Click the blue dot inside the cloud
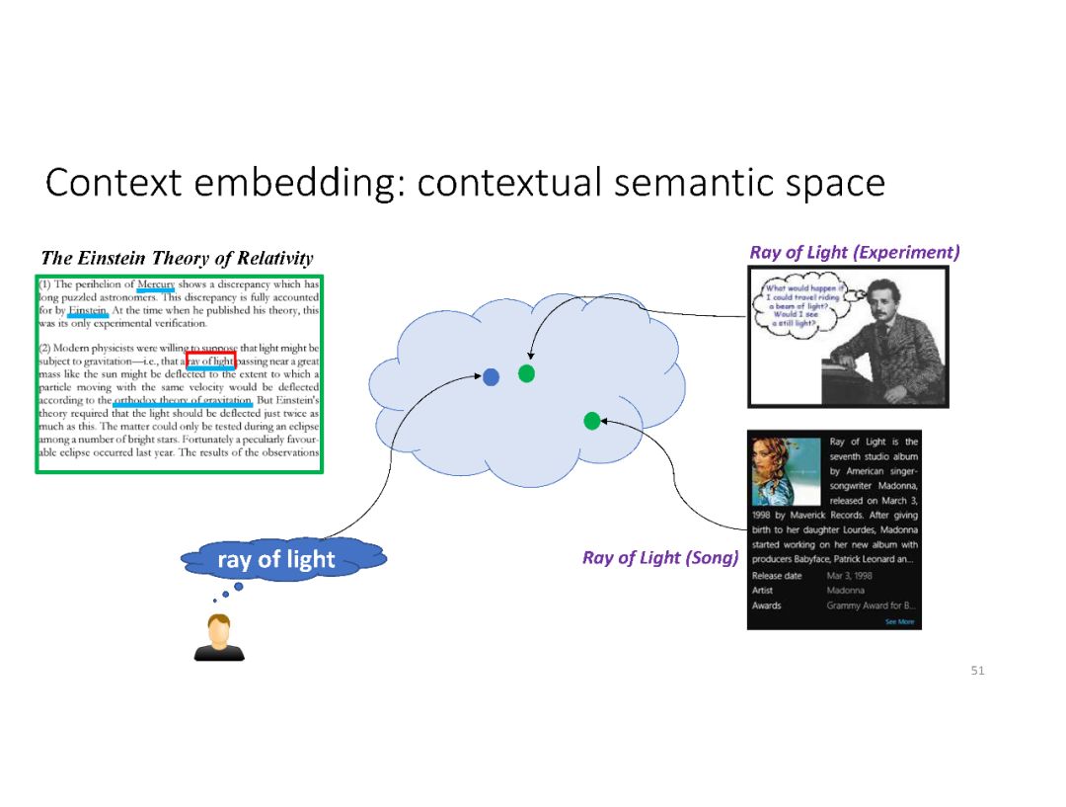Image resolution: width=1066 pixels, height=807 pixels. pos(491,376)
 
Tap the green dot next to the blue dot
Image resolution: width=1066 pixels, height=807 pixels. pos(526,373)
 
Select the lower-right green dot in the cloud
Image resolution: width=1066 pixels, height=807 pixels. pos(591,421)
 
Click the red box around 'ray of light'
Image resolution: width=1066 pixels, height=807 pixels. pos(210,361)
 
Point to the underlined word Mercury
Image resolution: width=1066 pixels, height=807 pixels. pos(156,284)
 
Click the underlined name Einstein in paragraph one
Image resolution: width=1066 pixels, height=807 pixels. pos(88,310)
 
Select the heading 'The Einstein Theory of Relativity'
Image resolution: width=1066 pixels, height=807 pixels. pos(177,259)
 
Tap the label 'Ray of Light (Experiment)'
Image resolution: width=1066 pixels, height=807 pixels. pos(854,252)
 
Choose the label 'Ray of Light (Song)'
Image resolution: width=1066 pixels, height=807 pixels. pos(660,558)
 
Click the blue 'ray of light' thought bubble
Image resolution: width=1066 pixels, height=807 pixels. pos(275,560)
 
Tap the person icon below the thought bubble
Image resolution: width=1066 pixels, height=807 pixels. pos(218,637)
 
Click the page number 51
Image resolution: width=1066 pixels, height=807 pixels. pos(977,671)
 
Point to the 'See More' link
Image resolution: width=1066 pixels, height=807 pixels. pos(899,622)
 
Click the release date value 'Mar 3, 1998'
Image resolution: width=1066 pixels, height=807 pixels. pos(850,576)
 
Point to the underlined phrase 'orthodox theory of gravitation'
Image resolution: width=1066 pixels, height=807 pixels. pos(184,401)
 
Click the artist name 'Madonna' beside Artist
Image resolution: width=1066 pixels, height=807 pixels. pos(844,591)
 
